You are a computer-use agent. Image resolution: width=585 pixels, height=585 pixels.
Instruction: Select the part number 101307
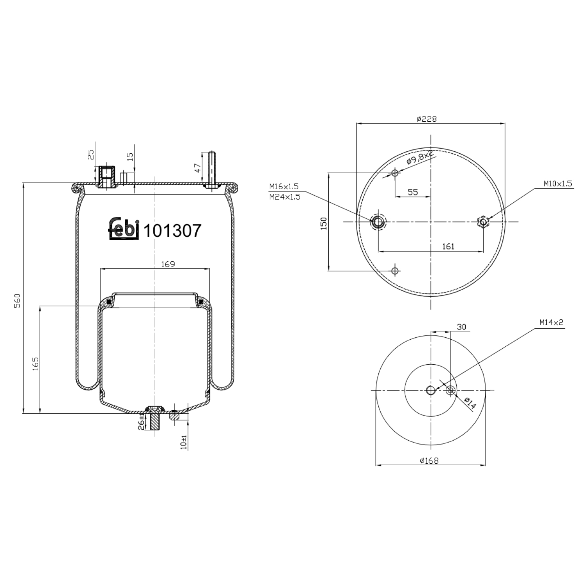coord(172,230)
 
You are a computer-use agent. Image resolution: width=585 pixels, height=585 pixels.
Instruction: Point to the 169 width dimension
coord(167,264)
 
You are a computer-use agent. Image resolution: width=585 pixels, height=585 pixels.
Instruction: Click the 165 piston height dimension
coord(35,363)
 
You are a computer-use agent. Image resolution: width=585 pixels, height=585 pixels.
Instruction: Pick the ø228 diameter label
coord(427,119)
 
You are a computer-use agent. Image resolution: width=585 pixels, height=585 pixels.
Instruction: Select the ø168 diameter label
coord(429,461)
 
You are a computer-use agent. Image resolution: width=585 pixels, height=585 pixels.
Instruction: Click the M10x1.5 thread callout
coord(558,184)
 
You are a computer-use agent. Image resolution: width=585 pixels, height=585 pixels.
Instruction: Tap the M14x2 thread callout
coord(551,322)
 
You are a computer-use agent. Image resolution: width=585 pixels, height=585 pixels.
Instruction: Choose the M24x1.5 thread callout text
coord(285,197)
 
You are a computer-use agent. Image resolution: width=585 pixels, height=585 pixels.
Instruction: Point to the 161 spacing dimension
coord(448,246)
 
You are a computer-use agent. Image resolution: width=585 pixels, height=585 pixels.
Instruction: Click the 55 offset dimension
coord(413,192)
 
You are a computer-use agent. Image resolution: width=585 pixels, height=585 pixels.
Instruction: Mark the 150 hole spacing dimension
coord(324,223)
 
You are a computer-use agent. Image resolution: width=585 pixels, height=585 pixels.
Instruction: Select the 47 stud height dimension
coord(198,168)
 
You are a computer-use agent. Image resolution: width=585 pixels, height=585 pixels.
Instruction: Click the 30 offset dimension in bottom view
coord(461,327)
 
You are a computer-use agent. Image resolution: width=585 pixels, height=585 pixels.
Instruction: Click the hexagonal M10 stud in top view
coord(484,222)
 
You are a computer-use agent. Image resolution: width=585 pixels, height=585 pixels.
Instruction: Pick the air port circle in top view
coord(378,222)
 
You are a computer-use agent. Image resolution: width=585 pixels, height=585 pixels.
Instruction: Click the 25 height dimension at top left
coord(90,155)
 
